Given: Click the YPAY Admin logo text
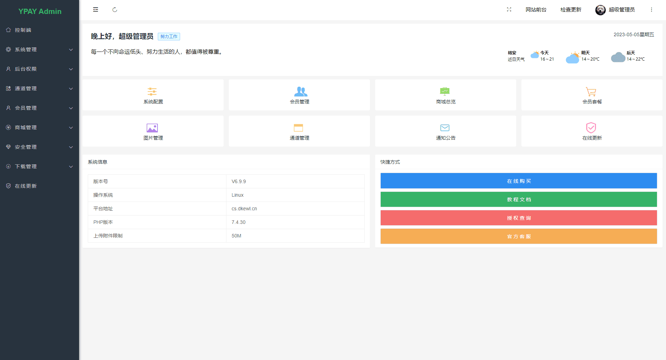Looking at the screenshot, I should (40, 11).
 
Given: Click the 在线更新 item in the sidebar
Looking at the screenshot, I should (26, 186).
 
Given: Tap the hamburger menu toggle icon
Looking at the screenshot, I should (95, 10).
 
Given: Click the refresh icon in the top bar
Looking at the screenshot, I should (115, 10).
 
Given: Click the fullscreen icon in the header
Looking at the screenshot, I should (509, 10).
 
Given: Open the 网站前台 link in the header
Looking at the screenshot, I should (536, 10).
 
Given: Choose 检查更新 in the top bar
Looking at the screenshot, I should (571, 10).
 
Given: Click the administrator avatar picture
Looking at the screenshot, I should (600, 10).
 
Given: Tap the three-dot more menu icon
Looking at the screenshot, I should (651, 10).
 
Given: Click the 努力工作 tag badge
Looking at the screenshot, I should (169, 37).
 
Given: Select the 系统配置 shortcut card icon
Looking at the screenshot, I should (152, 92).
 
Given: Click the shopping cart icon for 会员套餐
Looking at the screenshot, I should (591, 92).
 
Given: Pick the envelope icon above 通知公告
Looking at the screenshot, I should (445, 128).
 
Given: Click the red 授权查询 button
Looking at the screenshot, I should (519, 218).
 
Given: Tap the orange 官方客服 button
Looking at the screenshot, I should (519, 236).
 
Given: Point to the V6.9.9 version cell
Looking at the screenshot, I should (239, 181).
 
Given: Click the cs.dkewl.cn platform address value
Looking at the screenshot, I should (244, 209).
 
